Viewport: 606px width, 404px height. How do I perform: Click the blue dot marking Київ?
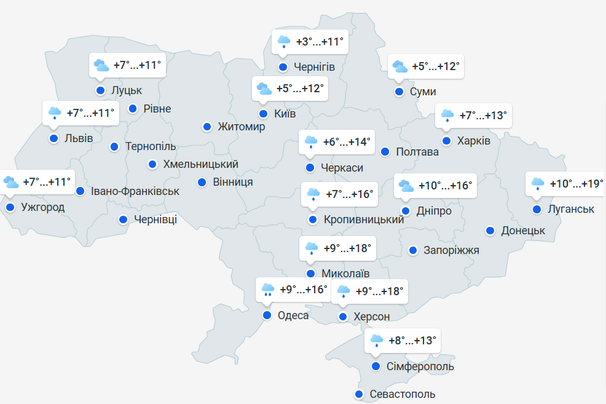click(263, 114)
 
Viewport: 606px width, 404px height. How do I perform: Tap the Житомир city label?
click(242, 127)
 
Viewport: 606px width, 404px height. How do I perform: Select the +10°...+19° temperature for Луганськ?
click(576, 184)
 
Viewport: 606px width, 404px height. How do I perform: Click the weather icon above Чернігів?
click(283, 42)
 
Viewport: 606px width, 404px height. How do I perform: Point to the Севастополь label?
click(403, 394)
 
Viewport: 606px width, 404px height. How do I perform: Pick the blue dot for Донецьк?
click(490, 231)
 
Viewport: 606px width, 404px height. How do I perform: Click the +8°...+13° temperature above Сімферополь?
click(412, 340)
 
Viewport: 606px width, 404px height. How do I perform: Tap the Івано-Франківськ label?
click(135, 191)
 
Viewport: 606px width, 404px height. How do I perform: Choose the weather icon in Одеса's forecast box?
click(267, 290)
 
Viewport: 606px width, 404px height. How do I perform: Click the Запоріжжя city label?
click(452, 250)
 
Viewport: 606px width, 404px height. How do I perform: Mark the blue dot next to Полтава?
click(385, 151)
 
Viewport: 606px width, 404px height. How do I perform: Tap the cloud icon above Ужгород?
click(11, 183)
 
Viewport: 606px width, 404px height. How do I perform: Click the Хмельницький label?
click(200, 164)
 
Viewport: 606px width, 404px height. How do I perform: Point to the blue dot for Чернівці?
click(123, 219)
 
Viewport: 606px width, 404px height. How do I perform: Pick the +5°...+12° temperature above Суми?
click(435, 66)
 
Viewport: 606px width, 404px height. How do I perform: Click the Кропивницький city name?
click(364, 220)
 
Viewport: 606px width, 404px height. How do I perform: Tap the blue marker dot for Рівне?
click(132, 109)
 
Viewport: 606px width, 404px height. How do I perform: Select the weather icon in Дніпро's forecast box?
click(406, 185)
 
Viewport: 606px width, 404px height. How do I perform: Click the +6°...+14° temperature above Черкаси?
click(347, 143)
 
